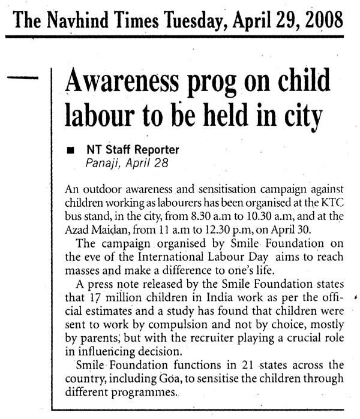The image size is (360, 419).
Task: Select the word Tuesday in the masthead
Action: click(x=196, y=22)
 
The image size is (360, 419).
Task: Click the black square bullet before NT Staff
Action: click(x=71, y=149)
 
